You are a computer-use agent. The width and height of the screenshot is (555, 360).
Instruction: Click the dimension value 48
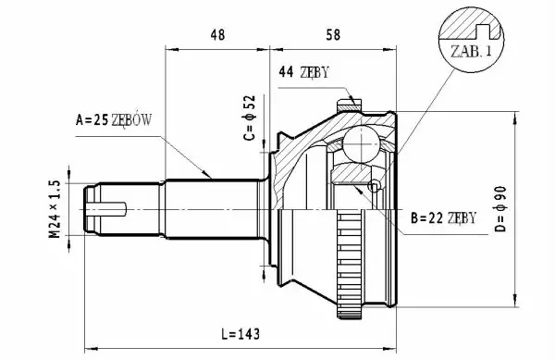217,34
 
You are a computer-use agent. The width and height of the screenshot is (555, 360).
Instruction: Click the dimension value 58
333,34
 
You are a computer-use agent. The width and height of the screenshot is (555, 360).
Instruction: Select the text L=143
240,334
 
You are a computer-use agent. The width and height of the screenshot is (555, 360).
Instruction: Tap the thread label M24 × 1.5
55,209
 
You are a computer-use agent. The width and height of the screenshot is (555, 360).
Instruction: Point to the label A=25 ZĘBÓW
114,120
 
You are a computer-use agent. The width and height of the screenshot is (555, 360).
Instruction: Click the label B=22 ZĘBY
443,218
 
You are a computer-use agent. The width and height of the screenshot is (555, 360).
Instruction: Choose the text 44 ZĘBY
303,72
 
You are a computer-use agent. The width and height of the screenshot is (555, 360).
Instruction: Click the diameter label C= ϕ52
250,118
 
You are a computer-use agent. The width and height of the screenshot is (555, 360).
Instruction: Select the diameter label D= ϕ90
500,209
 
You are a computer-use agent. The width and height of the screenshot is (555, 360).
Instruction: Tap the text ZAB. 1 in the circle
471,52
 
